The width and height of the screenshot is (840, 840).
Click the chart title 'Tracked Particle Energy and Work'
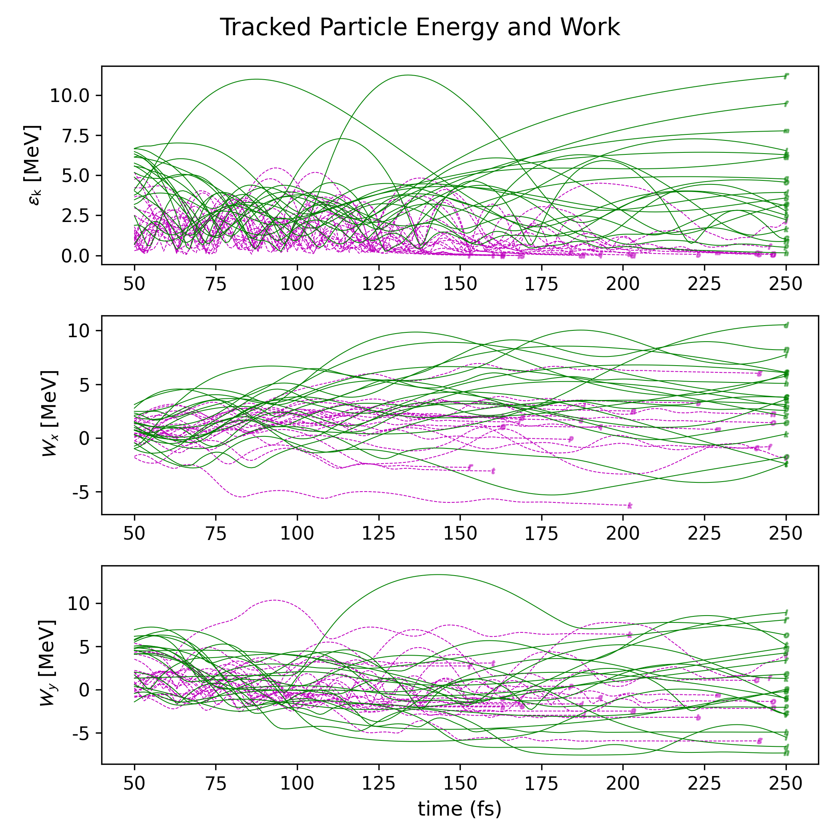(420, 27)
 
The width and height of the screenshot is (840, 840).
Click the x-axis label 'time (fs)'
(460, 809)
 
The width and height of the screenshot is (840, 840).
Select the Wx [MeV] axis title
(49, 413)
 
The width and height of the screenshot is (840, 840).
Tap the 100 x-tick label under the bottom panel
(297, 784)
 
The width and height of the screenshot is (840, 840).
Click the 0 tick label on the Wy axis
(84, 690)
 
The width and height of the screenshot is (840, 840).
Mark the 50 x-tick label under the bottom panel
(134, 784)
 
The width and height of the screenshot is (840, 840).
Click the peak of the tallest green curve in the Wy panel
(437, 575)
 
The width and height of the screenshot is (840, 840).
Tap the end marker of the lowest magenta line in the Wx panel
(629, 506)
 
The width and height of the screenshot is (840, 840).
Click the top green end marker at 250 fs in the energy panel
(786, 76)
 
